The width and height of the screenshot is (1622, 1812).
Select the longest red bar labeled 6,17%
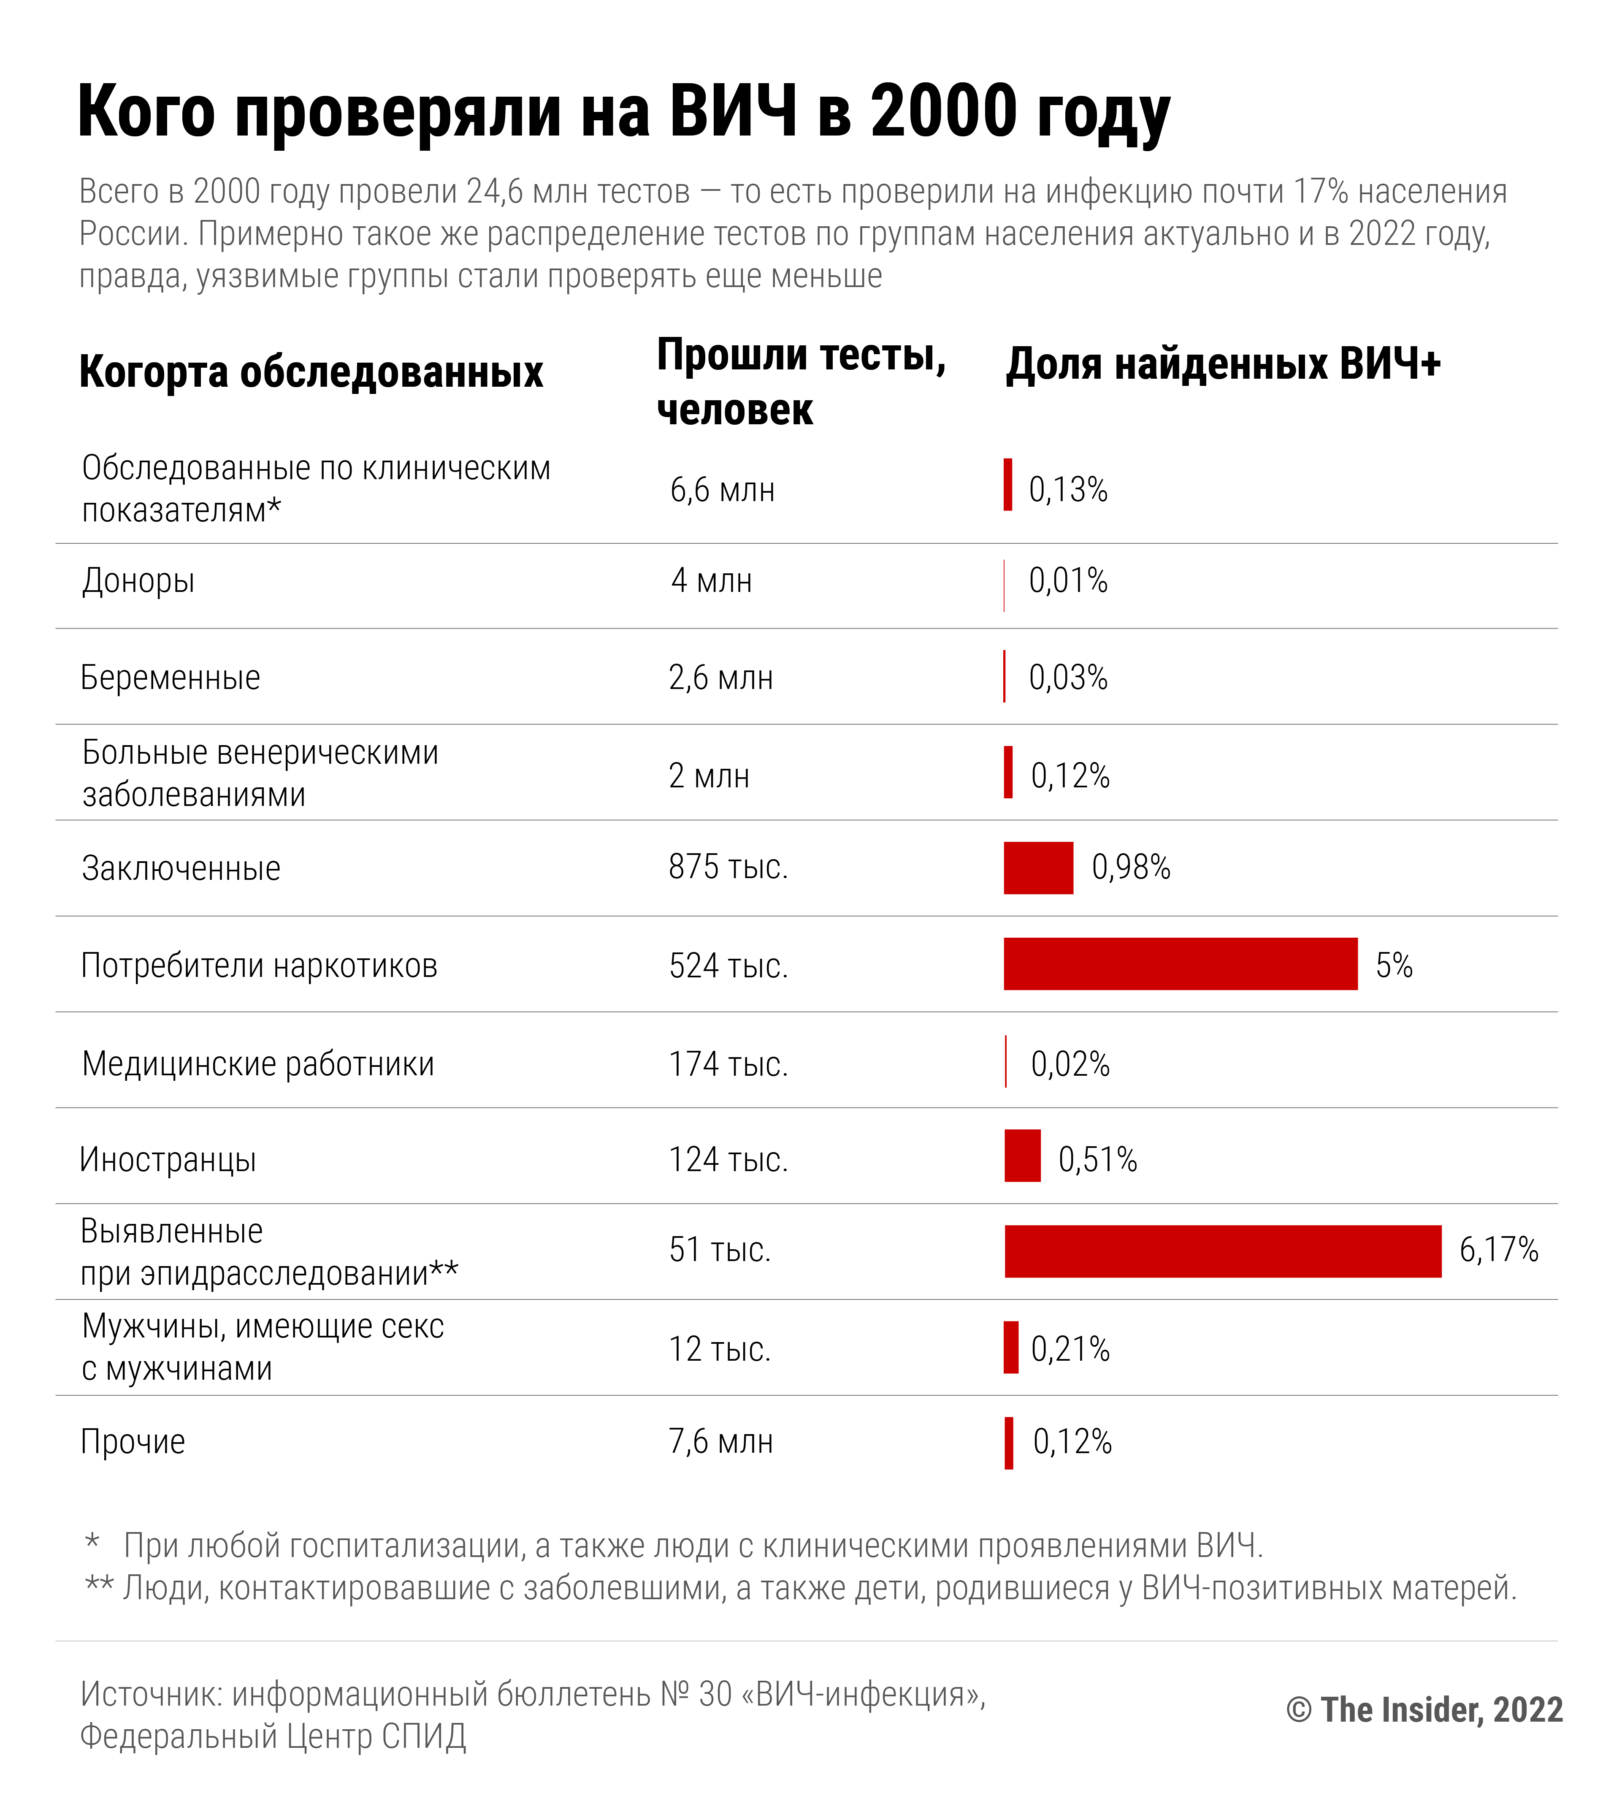1223,1251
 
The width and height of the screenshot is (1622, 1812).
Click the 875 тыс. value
728,867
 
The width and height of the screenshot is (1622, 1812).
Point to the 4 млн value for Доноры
711,581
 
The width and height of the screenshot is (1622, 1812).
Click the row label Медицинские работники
257,1064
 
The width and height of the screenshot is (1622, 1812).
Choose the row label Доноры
138,581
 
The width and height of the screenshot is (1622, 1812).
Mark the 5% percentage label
1394,965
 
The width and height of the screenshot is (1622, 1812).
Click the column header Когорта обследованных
311,372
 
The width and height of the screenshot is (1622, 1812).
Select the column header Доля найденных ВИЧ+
1223,364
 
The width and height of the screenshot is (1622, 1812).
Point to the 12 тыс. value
719,1349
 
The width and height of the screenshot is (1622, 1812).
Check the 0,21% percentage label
1070,1349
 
